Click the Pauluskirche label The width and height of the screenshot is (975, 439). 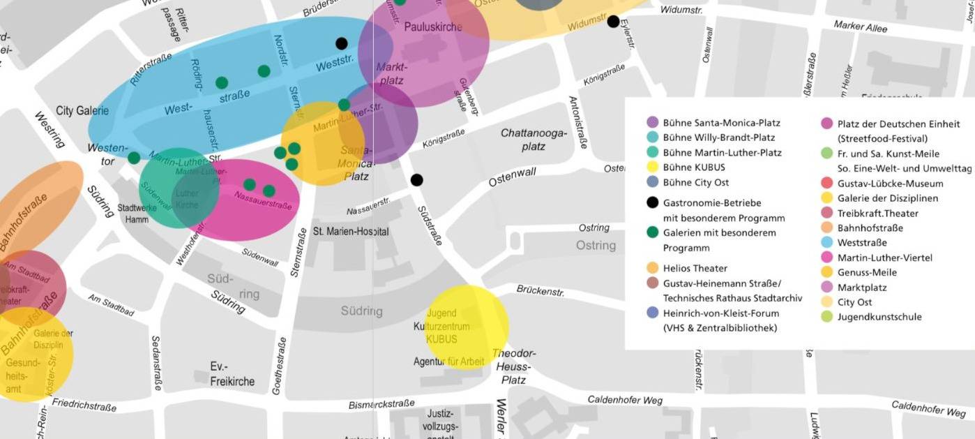coord(432,27)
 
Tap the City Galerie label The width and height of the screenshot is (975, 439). coord(82,111)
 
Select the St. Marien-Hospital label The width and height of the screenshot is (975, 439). coord(350,231)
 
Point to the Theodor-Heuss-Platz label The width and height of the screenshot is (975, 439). coord(514,366)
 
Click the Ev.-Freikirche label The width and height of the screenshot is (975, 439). coord(232,374)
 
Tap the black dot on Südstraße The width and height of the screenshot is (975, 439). coord(416,180)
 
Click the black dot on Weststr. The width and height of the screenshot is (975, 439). coord(341,43)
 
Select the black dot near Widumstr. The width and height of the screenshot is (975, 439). coord(613,22)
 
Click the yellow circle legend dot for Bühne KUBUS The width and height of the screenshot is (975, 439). coord(652,168)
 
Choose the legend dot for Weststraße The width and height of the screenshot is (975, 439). coord(826,243)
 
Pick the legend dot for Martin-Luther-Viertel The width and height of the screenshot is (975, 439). coord(826,258)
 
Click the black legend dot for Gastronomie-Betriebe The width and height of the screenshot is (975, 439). coord(652,203)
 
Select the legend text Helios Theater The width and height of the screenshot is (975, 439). coord(695,269)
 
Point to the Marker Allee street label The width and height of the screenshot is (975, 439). coord(861,27)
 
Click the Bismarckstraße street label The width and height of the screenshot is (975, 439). coord(381,404)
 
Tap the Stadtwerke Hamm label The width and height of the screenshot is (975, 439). coord(137,214)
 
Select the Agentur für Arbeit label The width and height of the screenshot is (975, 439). coord(448,362)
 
